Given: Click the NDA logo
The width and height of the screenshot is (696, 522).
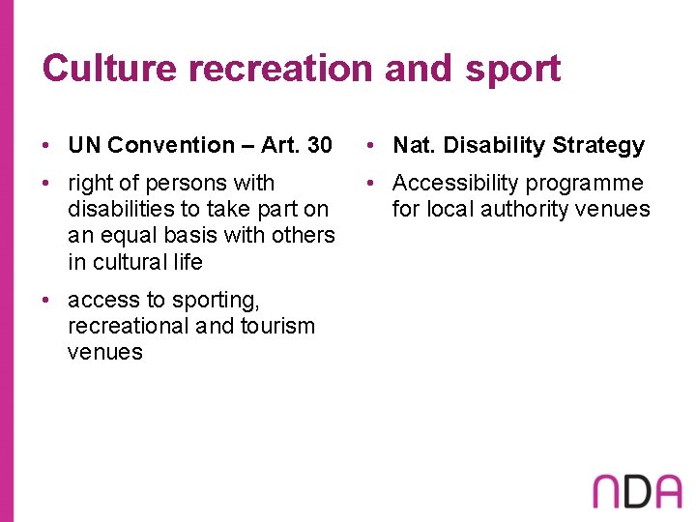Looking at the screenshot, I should [637, 491].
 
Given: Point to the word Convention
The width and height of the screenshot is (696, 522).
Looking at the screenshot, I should [170, 145].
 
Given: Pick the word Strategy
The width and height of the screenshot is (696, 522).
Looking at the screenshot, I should [596, 145].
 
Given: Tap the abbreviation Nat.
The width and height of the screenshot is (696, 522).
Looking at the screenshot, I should [413, 145].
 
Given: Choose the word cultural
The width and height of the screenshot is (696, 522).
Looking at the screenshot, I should [130, 261].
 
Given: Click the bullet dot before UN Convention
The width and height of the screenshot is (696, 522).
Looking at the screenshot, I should [47, 146].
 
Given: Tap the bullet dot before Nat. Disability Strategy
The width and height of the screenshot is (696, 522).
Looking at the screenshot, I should [373, 146].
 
